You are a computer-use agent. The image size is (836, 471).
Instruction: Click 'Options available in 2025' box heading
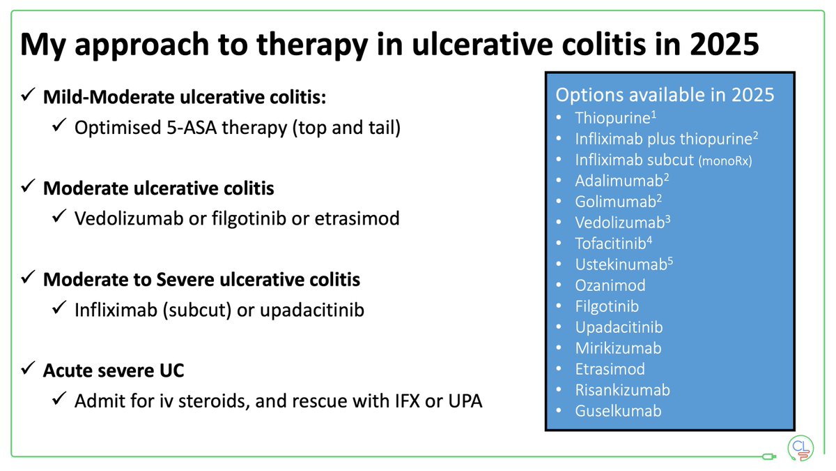coord(665,95)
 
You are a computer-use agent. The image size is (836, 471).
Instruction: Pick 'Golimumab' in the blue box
coord(613,201)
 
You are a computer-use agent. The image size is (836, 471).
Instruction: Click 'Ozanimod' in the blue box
coord(610,285)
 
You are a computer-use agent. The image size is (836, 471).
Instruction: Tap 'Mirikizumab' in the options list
coord(618,347)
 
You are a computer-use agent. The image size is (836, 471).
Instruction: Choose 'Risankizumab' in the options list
coord(622,389)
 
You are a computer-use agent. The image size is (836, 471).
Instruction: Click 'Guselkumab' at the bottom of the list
coord(618,410)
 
